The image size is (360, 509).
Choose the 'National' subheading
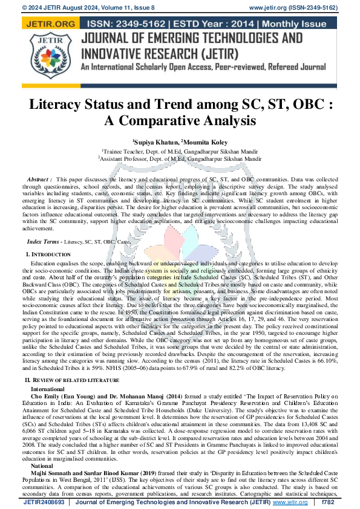tap(42, 466)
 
